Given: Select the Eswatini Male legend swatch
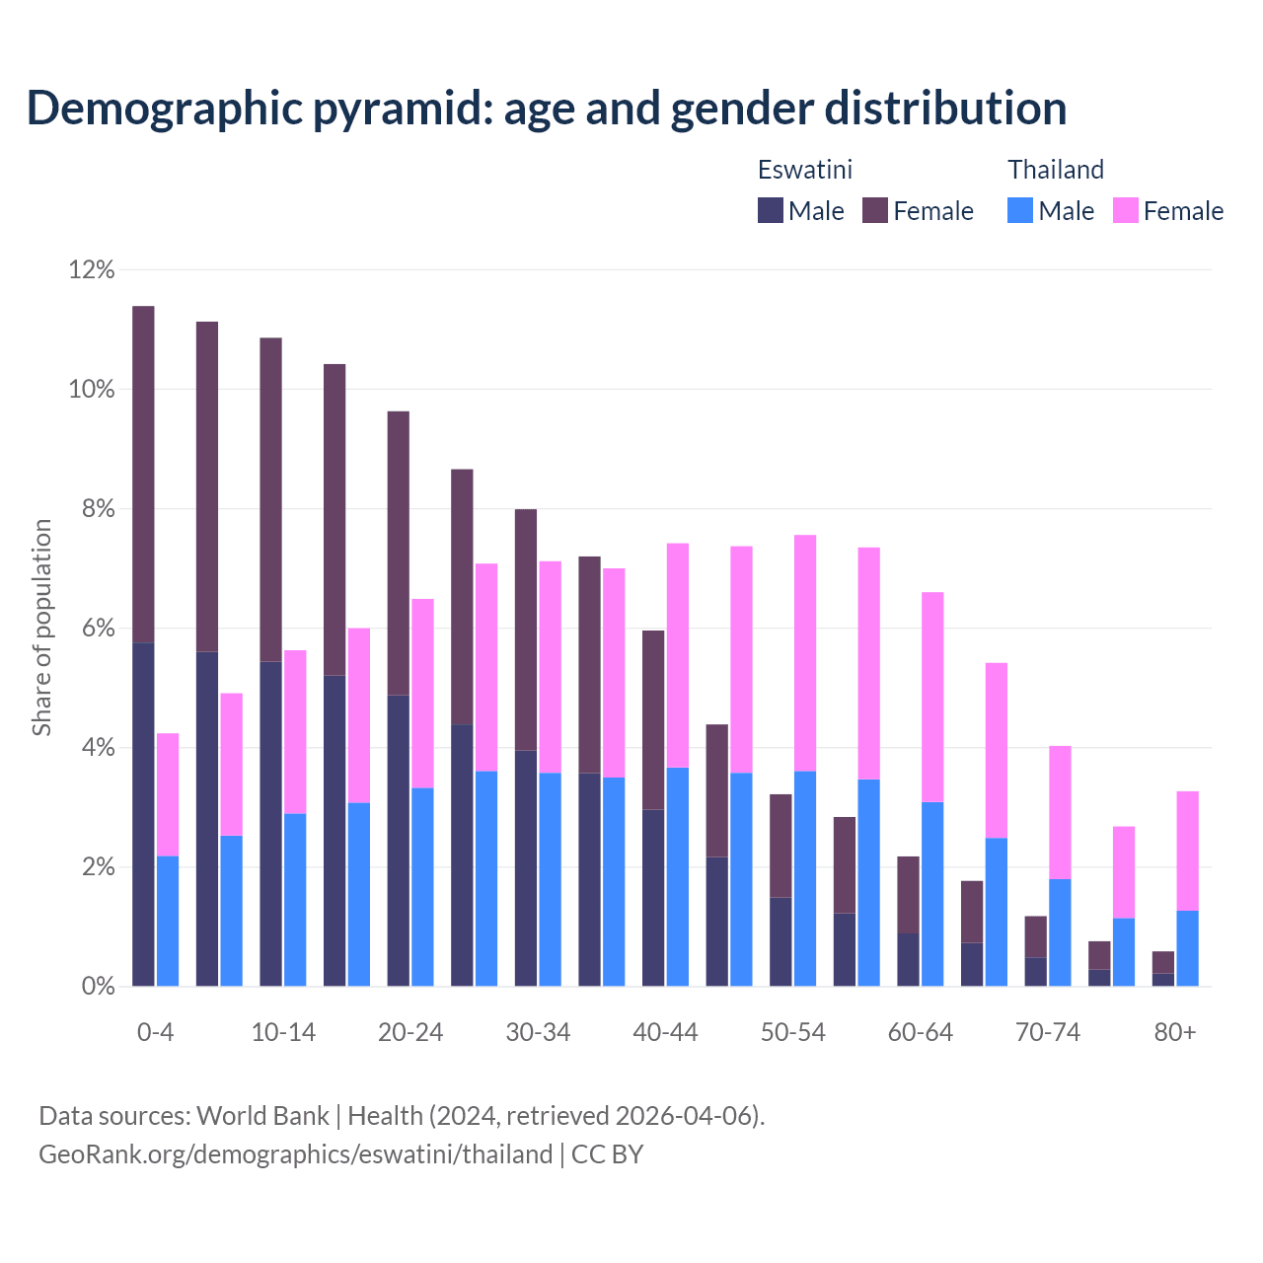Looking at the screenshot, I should pyautogui.click(x=771, y=210).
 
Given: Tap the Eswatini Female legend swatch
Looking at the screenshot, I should pyautogui.click(x=875, y=210).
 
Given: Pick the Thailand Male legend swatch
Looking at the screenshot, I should pyautogui.click(x=1020, y=210).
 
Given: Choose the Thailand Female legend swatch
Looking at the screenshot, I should pyautogui.click(x=1126, y=210).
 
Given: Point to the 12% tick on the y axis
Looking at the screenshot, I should pyautogui.click(x=92, y=269).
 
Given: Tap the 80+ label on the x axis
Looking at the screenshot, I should pyautogui.click(x=1175, y=1032).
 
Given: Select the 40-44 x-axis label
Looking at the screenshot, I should pyautogui.click(x=665, y=1032).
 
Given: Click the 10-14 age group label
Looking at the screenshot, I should pyautogui.click(x=283, y=1032).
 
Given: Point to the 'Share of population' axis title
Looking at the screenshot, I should pyautogui.click(x=41, y=628).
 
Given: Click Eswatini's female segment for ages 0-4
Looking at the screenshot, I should pyautogui.click(x=143, y=474).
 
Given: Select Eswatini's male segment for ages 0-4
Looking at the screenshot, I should pyautogui.click(x=143, y=814).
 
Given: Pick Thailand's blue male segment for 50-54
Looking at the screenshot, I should pyautogui.click(x=805, y=878).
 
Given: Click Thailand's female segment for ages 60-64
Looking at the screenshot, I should pyautogui.click(x=932, y=697).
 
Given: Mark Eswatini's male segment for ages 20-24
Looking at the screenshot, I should pyautogui.click(x=398, y=840).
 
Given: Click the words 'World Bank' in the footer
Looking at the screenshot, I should pyautogui.click(x=262, y=1116).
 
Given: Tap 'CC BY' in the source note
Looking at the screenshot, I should pyautogui.click(x=608, y=1154).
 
